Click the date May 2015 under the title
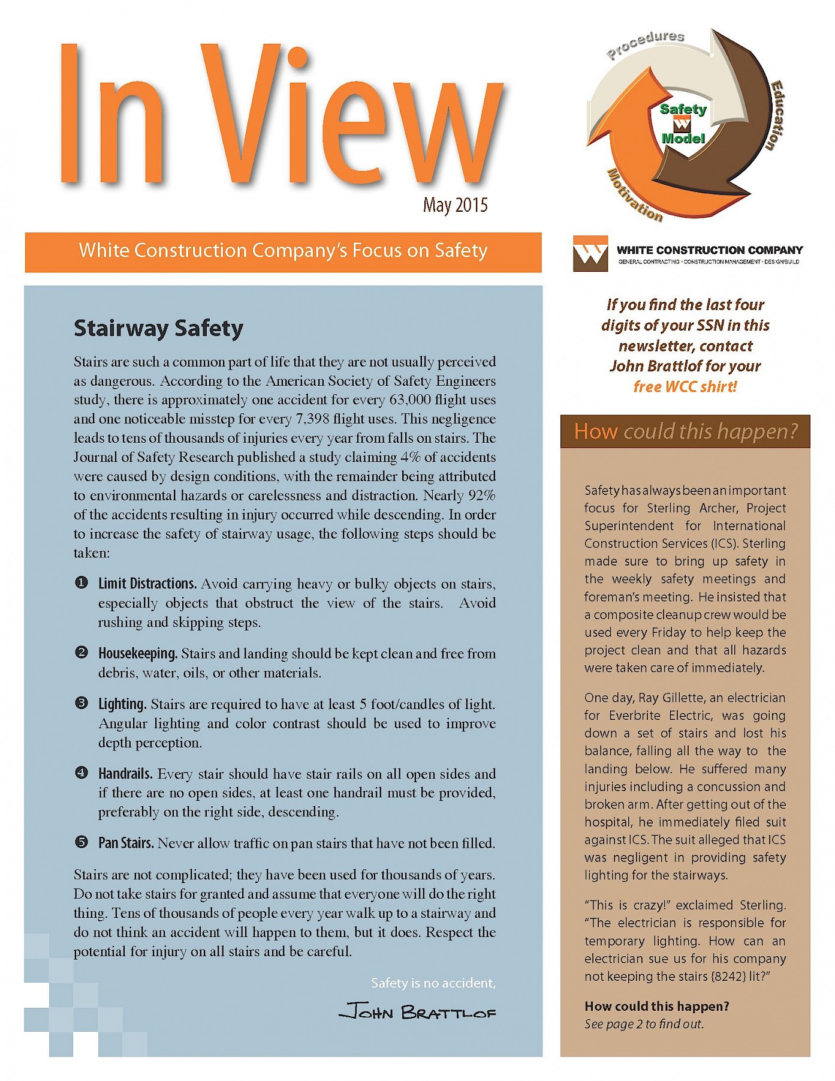(x=455, y=205)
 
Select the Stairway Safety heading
(x=158, y=328)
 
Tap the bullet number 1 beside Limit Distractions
(x=82, y=582)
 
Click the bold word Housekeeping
(x=137, y=653)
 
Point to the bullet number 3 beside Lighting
(x=82, y=703)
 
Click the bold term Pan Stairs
(x=125, y=843)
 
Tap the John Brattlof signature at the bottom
(x=417, y=1012)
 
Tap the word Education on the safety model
(x=776, y=115)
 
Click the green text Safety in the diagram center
(x=683, y=109)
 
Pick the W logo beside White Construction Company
(x=590, y=253)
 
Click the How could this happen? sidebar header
(x=685, y=431)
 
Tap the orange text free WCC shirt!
(x=685, y=386)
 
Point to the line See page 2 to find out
(x=644, y=1024)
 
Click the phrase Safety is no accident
(x=433, y=983)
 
